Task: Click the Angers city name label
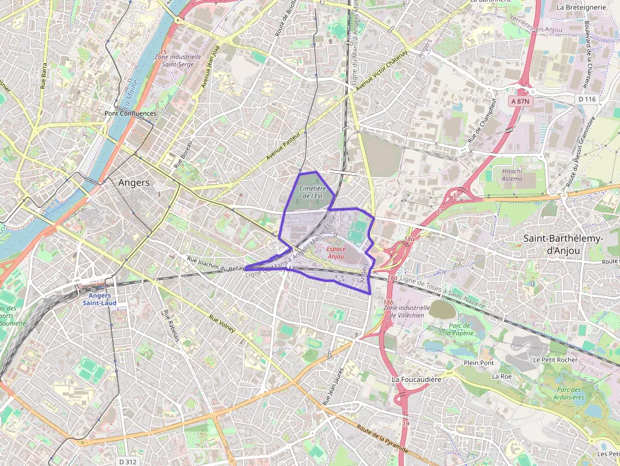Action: point(134,183)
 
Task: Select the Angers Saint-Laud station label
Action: point(100,299)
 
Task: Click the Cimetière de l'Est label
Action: point(312,192)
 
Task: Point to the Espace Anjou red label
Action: point(336,253)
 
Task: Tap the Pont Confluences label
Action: point(130,114)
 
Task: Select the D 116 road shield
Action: point(587,99)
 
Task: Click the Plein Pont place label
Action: point(478,363)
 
